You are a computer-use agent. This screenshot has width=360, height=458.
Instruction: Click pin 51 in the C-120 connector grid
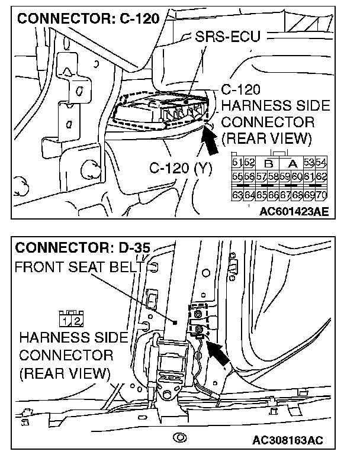pos(236,163)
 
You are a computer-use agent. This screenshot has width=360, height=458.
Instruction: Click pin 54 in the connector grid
pos(322,163)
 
